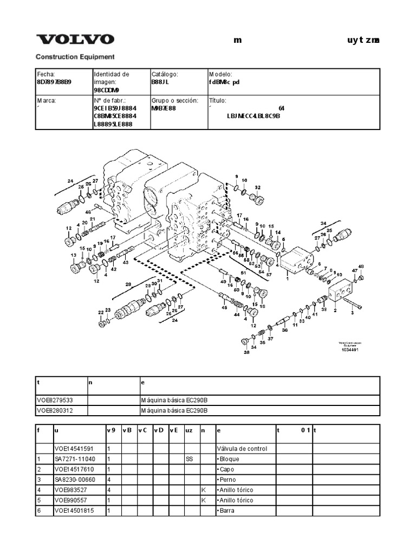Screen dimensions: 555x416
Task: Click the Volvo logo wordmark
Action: tap(75, 40)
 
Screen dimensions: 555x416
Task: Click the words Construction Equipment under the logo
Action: tap(75, 56)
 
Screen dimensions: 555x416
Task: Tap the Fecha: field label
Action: tap(46, 74)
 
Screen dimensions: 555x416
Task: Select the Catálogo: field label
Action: tap(165, 74)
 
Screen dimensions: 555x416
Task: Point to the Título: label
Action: tap(218, 101)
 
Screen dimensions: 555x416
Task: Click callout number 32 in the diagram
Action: tap(257, 188)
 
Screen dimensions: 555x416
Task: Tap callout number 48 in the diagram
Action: tap(361, 266)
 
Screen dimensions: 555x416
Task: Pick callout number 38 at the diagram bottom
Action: tap(246, 352)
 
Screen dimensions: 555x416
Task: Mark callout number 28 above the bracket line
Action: tap(128, 284)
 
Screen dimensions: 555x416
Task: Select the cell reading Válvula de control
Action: tap(242, 449)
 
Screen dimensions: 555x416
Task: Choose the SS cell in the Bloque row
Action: tap(189, 459)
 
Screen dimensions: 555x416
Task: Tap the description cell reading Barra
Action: tap(226, 511)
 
